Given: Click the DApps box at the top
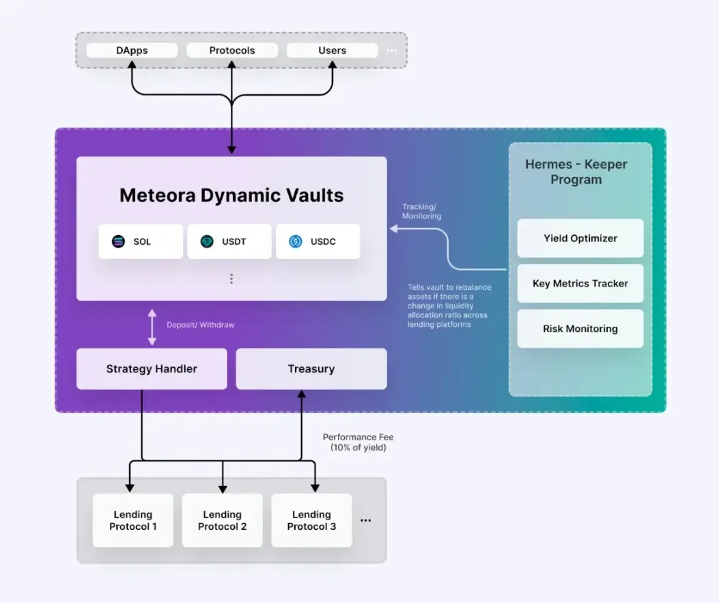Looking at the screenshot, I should coord(132,51).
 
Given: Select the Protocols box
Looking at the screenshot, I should coord(232,51).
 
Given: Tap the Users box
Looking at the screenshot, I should coord(332,51).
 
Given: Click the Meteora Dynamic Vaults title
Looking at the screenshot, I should coord(231,196).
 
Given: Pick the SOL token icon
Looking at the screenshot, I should coord(119,241).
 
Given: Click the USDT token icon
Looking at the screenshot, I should coord(207,241).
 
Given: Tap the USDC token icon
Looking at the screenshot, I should coord(296,241).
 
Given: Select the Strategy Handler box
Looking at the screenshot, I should coord(152,369).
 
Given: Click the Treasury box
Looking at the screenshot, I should coord(311,369).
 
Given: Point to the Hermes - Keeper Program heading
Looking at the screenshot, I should coord(576,172).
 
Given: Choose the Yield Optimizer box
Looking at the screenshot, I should coord(580,239).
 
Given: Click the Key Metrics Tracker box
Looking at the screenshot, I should coord(580,284).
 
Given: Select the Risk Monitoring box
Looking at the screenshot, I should coord(580,329).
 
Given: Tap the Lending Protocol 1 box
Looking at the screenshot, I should coord(133,520).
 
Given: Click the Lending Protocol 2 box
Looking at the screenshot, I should coord(223,520).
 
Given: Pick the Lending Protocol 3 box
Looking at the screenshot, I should coord(311,520).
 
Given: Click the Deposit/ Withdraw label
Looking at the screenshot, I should coord(200,325).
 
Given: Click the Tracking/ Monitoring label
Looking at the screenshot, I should coord(421,211).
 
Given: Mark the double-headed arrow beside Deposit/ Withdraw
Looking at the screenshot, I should coord(152,325).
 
